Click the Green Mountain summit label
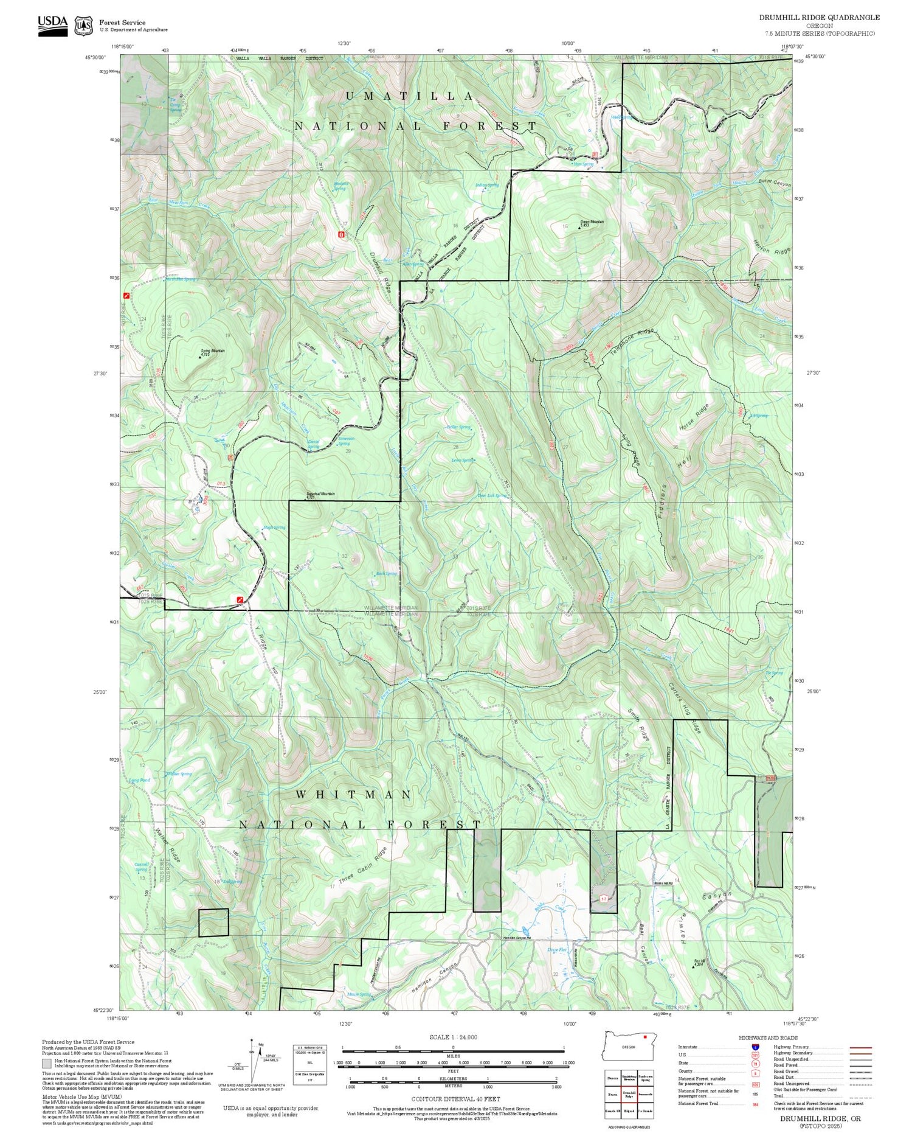point(592,222)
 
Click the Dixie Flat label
point(556,949)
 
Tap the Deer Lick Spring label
point(491,495)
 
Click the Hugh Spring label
point(274,528)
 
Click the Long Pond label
point(139,780)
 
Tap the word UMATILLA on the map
point(410,96)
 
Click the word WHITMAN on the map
point(354,795)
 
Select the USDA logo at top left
point(53,25)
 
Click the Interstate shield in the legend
point(756,1047)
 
